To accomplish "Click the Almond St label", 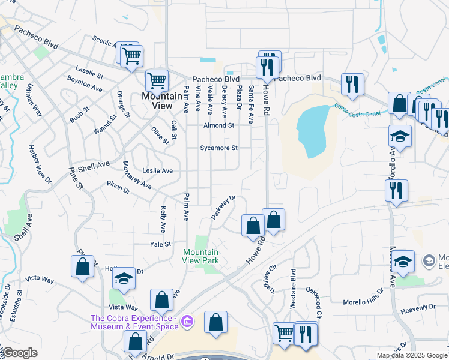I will [x=218, y=125].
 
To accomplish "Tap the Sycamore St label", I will [x=218, y=148].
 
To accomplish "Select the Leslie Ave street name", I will [x=157, y=171].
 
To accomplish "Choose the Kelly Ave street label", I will [x=163, y=219].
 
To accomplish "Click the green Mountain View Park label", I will [x=201, y=256].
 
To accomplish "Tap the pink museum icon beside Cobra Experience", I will [x=187, y=322].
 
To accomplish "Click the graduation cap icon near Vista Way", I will [x=124, y=278].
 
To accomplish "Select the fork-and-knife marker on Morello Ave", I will [x=396, y=191].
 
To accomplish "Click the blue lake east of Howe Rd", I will [x=313, y=130].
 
